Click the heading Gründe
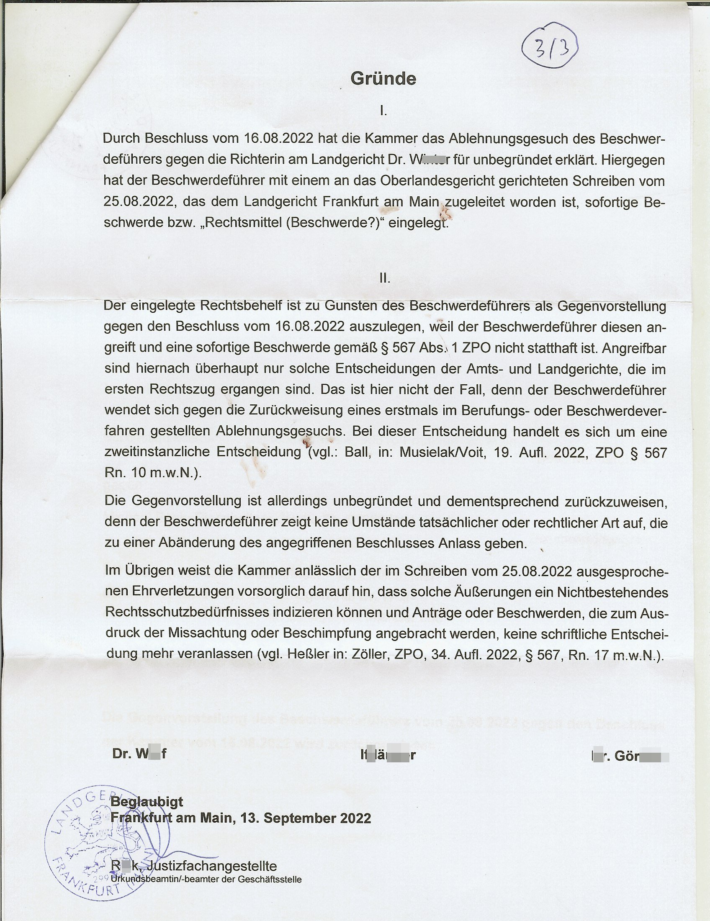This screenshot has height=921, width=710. (x=383, y=79)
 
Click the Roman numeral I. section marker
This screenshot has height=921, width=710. (x=383, y=111)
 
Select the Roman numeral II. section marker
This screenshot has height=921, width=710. (x=384, y=278)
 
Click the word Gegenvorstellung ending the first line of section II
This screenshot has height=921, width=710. (x=611, y=306)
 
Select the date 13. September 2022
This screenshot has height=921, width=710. (x=306, y=818)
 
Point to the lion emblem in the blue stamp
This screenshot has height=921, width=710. (x=99, y=833)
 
